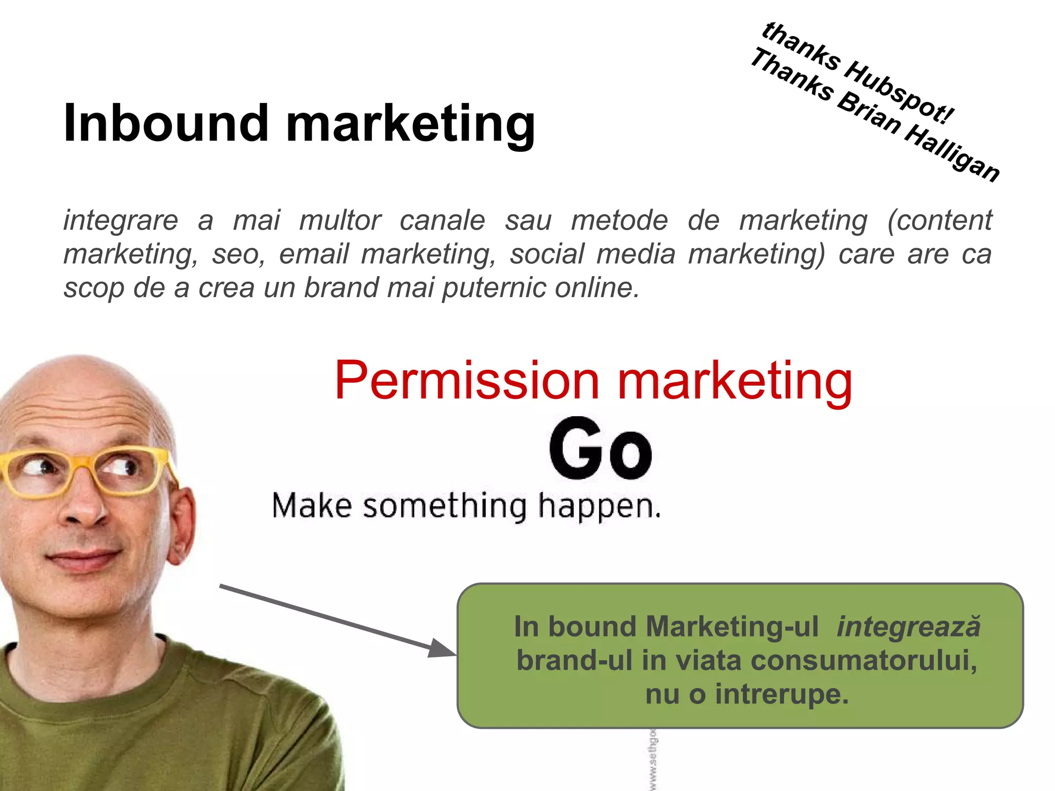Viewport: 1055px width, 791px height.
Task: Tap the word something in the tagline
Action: click(x=445, y=506)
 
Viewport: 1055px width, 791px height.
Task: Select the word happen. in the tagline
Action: click(x=600, y=507)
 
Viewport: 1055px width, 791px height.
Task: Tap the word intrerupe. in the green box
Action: click(x=781, y=694)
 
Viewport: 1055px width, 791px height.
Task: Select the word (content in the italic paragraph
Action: click(x=939, y=220)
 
